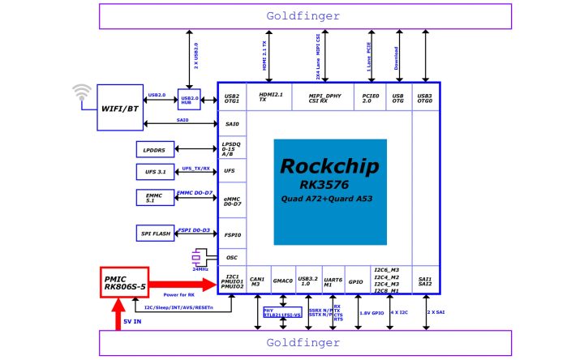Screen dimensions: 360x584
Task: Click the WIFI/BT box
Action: (x=118, y=105)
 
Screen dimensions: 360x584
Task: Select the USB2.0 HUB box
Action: (x=189, y=99)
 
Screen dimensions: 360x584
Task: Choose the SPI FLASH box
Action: (x=154, y=234)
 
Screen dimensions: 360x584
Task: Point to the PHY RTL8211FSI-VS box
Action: (x=282, y=313)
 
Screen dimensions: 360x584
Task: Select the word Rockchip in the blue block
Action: (x=329, y=166)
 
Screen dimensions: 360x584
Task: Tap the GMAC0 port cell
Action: (x=282, y=280)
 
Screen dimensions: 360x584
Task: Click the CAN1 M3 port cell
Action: (x=257, y=280)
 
